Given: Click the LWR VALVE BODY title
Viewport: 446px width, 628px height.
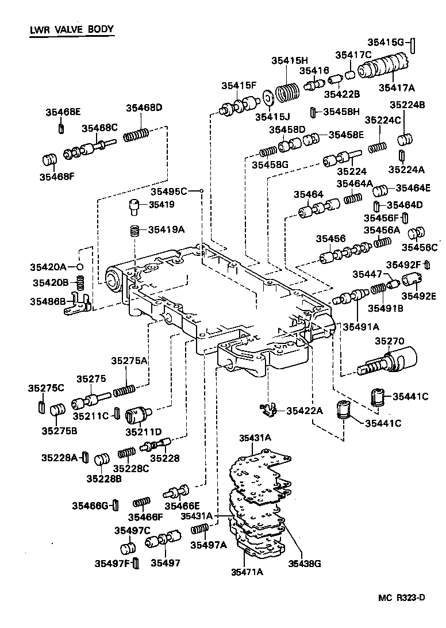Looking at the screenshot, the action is pos(72,30).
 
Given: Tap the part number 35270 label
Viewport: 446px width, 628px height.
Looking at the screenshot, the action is pos(389,341).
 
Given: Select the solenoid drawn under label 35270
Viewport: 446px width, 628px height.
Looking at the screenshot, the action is pos(387,361).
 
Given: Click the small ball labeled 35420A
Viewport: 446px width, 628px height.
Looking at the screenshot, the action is pos(80,267).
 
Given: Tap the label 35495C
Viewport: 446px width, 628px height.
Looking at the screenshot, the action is pos(168,192).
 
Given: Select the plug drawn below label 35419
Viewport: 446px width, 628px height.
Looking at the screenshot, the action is pos(133,207).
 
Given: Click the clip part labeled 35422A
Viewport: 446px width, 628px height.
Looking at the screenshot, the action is pos(268,410).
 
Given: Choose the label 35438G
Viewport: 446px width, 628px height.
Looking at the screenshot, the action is pos(305,564).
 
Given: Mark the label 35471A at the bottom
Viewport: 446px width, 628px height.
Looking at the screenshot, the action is pos(247,572).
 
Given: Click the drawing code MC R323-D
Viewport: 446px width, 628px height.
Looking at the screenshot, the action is pos(402,598).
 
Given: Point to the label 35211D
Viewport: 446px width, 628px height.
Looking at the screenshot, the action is pos(143,432).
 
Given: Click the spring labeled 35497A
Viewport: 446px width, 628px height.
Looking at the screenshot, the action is pos(199,529).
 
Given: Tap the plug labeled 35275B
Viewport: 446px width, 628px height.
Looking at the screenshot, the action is pos(57,411).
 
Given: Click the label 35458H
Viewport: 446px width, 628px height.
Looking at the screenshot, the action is pos(341,112).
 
